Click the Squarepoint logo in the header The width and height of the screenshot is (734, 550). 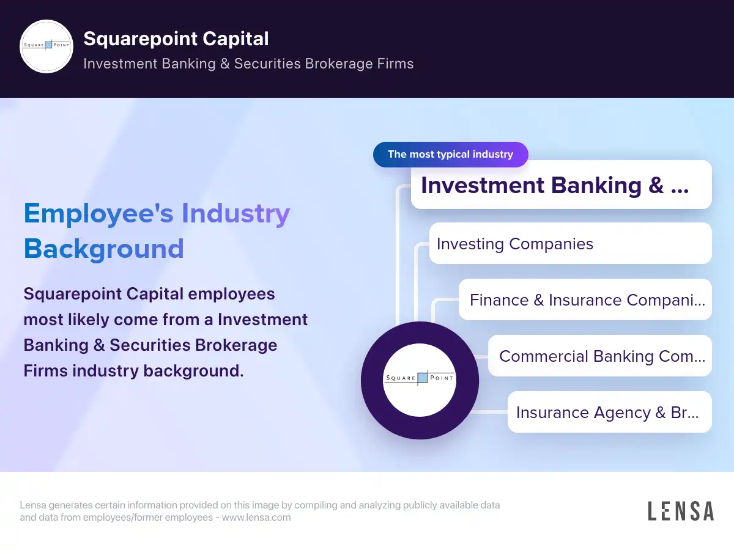46,46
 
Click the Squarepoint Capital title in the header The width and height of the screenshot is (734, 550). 176,38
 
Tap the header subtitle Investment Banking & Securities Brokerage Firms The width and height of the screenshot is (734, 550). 248,64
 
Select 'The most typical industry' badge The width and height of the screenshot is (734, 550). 450,154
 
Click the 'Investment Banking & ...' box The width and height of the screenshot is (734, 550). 561,185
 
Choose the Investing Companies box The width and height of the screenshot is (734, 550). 570,244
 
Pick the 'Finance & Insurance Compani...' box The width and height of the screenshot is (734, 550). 585,300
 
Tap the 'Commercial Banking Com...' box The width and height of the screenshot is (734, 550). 600,356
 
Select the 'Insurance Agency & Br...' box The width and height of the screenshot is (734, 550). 609,413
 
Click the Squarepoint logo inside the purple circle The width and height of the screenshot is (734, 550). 420,380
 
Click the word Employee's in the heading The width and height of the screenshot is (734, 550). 98,213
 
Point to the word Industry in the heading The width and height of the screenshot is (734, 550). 235,213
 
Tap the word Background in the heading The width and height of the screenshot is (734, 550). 103,249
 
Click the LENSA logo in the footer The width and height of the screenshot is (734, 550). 681,511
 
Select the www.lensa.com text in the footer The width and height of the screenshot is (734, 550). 256,517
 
